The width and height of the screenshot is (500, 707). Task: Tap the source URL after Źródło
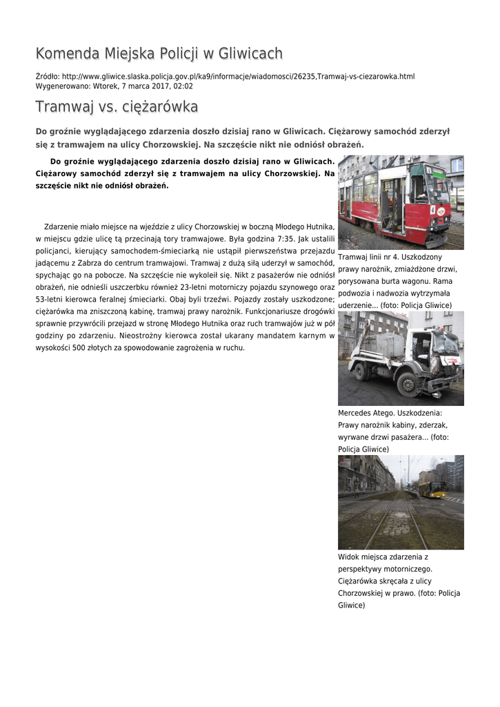[x=238, y=76]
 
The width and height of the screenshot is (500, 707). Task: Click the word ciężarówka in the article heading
[x=160, y=107]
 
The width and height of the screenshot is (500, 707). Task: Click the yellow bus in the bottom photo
[x=432, y=489]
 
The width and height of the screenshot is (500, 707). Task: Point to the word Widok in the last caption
[x=349, y=556]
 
